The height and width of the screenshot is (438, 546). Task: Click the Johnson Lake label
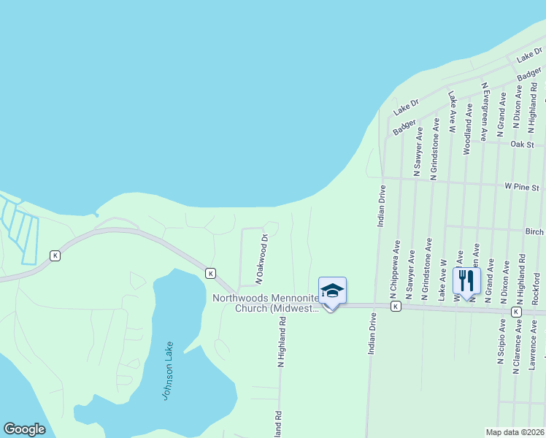(168, 370)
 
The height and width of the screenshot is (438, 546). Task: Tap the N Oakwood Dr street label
(262, 258)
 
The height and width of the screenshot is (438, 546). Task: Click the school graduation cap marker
(332, 291)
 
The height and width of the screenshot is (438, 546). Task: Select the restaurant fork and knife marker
(466, 280)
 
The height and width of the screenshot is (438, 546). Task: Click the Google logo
(24, 429)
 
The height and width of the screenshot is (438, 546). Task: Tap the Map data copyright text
(515, 432)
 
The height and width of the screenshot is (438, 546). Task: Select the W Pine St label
(524, 186)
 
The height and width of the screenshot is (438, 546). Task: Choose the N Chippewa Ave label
(395, 268)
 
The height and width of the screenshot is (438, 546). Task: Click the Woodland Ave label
(467, 131)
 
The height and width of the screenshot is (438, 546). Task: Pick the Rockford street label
(537, 288)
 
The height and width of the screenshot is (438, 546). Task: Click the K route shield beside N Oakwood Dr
(210, 273)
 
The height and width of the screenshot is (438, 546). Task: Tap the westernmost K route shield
(55, 255)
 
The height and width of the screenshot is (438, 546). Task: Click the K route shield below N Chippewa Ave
(395, 307)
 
